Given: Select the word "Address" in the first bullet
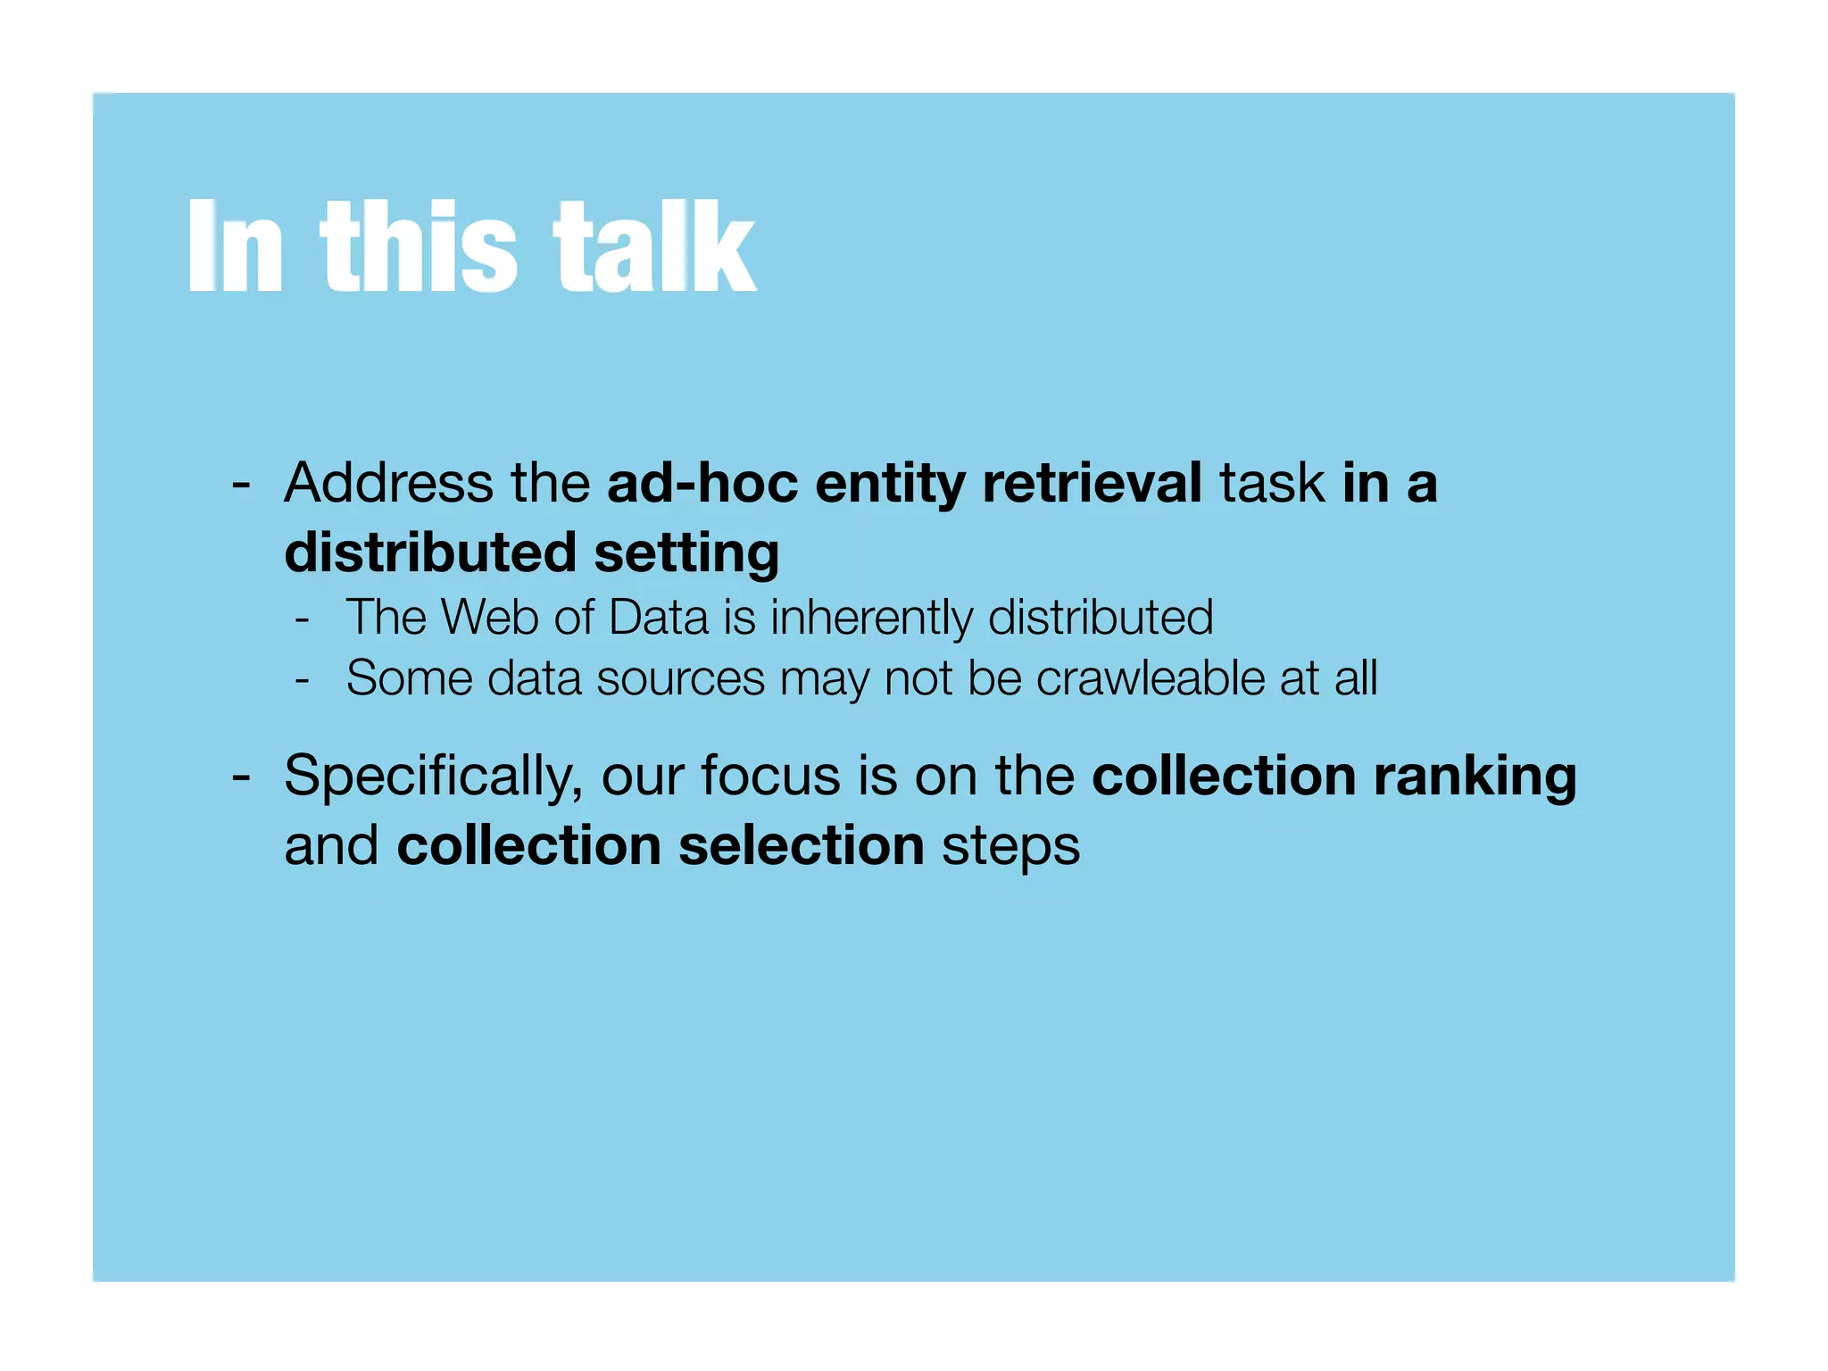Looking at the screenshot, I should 388,484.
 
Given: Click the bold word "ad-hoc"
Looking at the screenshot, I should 702,484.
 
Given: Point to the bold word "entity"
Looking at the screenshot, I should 889,484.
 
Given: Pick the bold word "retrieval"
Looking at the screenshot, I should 1092,484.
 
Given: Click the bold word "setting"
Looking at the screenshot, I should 686,553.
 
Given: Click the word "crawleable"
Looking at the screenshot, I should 1151,678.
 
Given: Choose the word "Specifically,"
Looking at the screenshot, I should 434,776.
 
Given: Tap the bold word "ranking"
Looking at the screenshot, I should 1475,776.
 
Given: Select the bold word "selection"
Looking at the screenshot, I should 801,845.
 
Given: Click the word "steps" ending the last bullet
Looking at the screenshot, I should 1010,847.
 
